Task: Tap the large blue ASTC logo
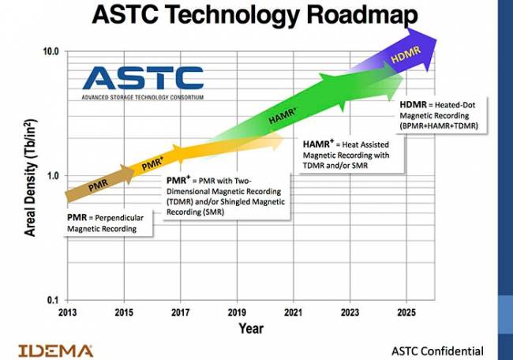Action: [143, 77]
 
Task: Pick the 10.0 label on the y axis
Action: [50, 51]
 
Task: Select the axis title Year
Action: [251, 328]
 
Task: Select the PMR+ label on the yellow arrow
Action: [154, 165]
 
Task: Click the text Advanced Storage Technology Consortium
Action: [142, 97]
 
